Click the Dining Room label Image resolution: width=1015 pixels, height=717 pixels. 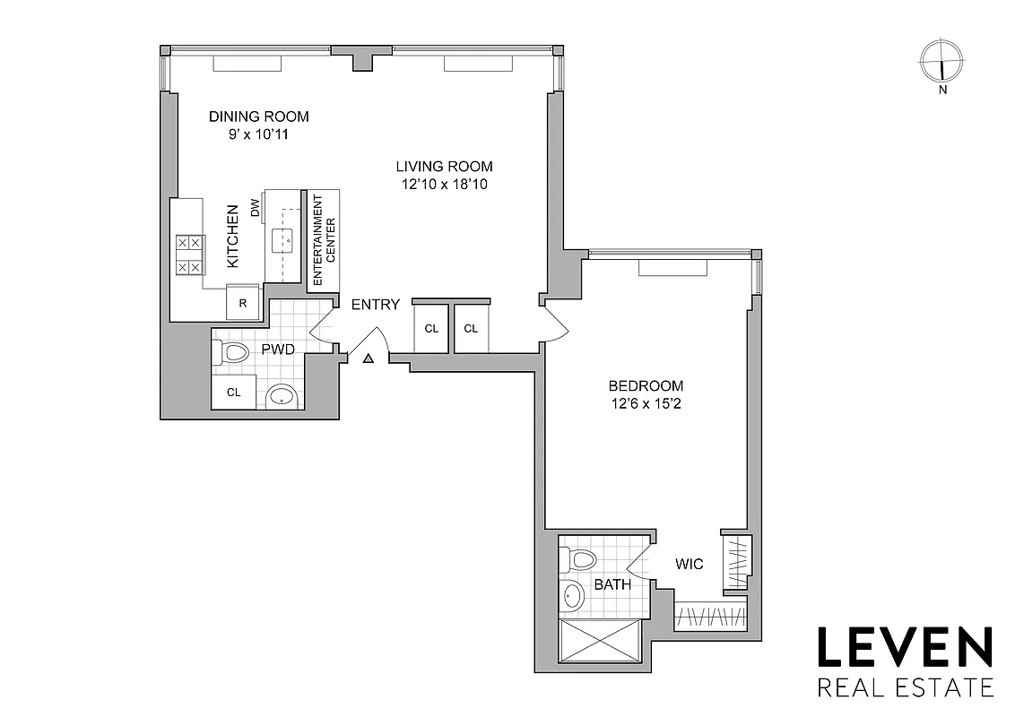258,117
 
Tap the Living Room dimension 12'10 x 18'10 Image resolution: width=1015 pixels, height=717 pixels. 444,185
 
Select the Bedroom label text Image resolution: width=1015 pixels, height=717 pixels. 646,386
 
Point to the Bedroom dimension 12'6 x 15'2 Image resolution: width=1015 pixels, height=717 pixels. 646,403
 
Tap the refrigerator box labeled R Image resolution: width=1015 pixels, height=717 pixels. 242,303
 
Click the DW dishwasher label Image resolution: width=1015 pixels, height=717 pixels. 256,208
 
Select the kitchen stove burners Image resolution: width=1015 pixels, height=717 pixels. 190,255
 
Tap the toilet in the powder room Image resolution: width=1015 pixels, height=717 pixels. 232,352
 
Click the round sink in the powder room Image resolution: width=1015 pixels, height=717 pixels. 282,395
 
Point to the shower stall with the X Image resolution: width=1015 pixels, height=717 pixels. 600,641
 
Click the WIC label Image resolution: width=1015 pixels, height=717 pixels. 690,565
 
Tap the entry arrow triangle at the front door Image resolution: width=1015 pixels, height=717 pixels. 368,359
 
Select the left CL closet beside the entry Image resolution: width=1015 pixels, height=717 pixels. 431,329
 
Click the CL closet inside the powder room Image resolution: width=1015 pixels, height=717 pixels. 233,393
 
